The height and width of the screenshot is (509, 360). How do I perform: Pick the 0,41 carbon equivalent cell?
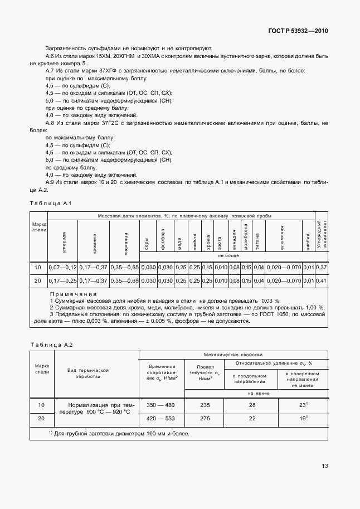coord(322,280)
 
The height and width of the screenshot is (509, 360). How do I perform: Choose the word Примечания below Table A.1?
coord(74,294)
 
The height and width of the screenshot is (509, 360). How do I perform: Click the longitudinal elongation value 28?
coord(252,405)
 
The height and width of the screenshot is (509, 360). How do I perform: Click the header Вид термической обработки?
coord(87,373)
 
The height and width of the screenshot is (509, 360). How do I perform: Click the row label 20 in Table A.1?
coord(38,280)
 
